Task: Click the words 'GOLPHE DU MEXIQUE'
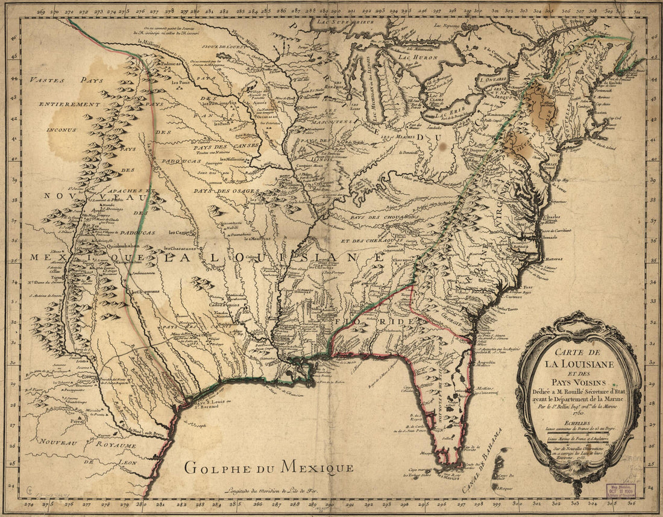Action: point(269,467)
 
